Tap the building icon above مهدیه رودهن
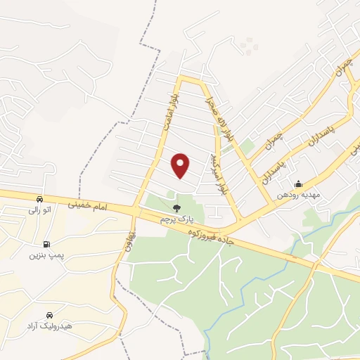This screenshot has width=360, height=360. point(298,184)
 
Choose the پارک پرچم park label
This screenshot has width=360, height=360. point(175,219)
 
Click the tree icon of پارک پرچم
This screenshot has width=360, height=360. point(176,208)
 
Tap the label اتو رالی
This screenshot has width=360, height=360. point(39,210)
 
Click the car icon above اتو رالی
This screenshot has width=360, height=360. point(40,199)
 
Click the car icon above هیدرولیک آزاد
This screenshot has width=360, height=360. point(50,314)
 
